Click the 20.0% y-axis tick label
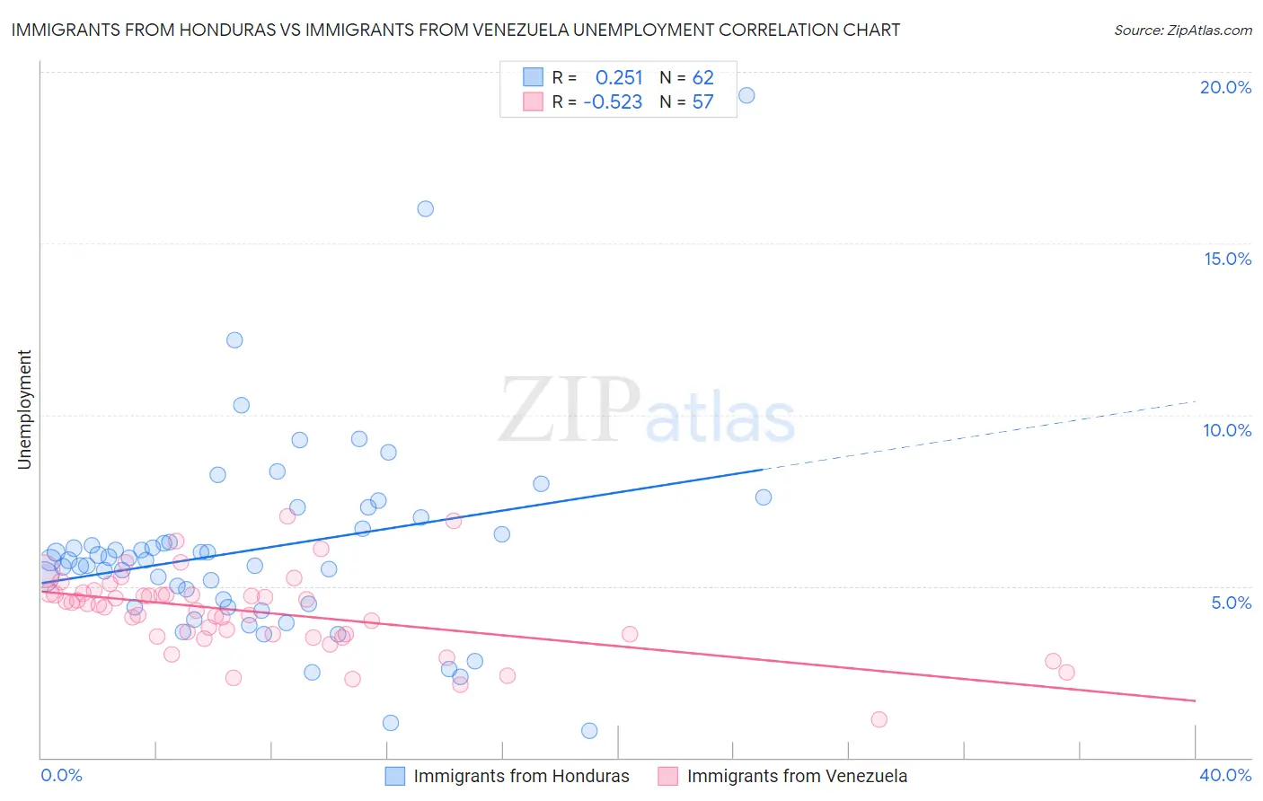point(1225,87)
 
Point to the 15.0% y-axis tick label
point(1227,259)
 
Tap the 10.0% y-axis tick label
point(1227,430)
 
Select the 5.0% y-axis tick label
point(1231,603)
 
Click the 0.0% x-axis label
point(61,775)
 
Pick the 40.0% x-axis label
point(1224,775)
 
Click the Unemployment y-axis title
point(24,409)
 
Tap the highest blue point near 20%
point(746,95)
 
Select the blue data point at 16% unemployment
point(426,208)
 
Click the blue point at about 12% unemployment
point(234,339)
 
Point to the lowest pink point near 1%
point(879,719)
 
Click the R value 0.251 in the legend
point(619,78)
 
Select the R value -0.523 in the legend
point(613,102)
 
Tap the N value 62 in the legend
point(702,78)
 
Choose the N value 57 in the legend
point(702,102)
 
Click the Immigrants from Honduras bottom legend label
point(521,776)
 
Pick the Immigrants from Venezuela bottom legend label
point(797,776)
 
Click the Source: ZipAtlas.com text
point(1182,31)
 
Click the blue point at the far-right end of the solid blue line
point(764,497)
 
